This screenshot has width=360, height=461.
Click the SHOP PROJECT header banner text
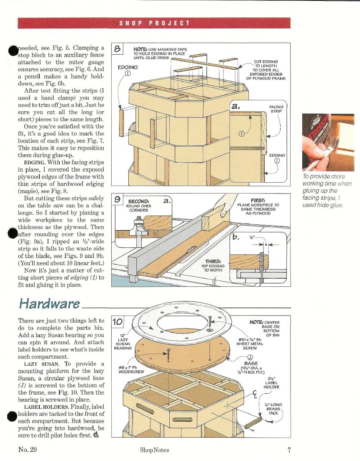pyautogui.click(x=154, y=23)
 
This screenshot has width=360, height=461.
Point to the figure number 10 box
pyautogui.click(x=118, y=321)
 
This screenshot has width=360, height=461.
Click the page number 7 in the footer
pyautogui.click(x=289, y=450)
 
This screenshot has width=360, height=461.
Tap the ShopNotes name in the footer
pyautogui.click(x=154, y=450)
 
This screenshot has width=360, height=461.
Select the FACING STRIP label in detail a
pyautogui.click(x=276, y=109)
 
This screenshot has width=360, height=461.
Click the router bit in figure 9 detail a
pyautogui.click(x=136, y=227)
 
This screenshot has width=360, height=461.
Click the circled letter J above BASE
pyautogui.click(x=250, y=357)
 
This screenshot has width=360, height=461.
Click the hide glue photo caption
pyautogui.click(x=327, y=191)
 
